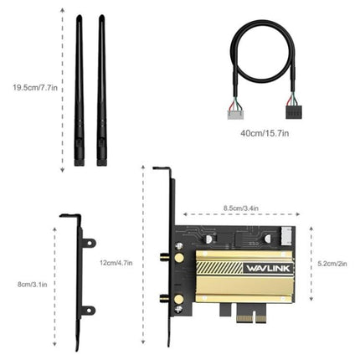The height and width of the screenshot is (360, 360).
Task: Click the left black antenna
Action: coord(80,92)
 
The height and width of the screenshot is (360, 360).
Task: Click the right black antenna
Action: coord(101,92)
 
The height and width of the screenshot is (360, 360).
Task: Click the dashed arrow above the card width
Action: coord(239,215)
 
